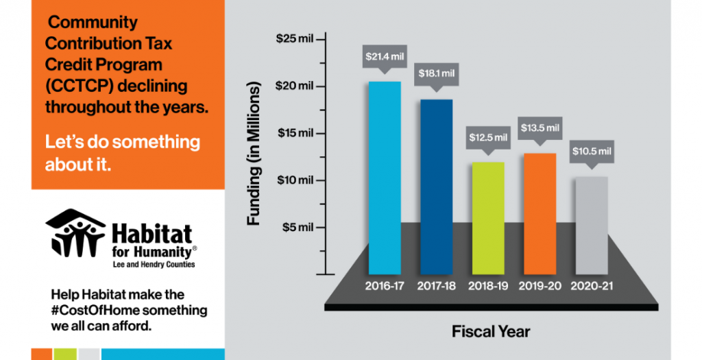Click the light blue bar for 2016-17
pos(385,178)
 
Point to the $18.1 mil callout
pos(437,73)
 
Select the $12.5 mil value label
pos(488,137)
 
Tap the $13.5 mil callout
pos(540,128)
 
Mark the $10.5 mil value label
pos(591,151)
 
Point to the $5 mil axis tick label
pos(298,228)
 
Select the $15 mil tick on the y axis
pos(295,133)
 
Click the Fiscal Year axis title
pos(491,332)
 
